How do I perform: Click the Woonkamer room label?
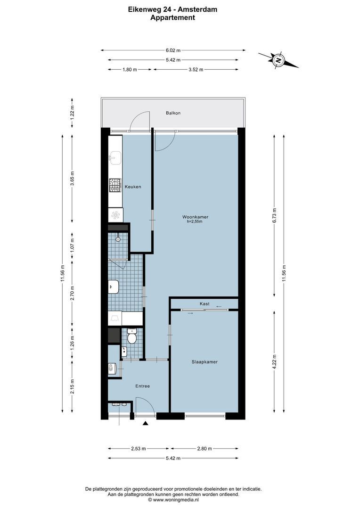[195, 217]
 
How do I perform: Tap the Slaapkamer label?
[204, 362]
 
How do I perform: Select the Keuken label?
[133, 187]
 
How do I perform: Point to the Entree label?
[142, 386]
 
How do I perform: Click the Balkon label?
[173, 113]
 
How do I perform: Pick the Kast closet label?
[204, 304]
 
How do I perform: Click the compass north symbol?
[278, 60]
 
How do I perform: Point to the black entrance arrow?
[146, 424]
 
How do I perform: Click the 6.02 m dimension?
[172, 50]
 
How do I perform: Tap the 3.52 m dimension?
[195, 70]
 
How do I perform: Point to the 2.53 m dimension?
[139, 449]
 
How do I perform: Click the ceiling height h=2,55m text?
[195, 222]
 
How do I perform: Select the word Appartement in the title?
[172, 17]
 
